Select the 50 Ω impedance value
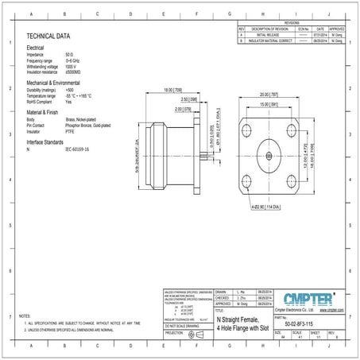[x=70, y=55]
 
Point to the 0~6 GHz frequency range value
[x=74, y=60]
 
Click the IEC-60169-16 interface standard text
[x=77, y=149]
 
